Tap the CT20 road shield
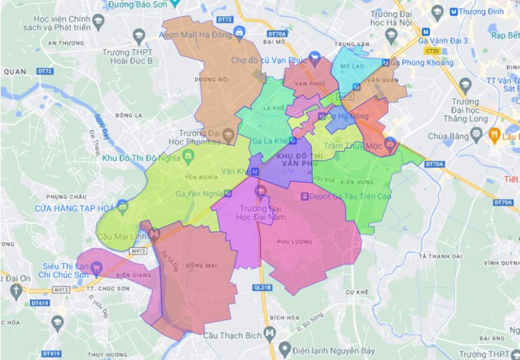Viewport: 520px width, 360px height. click(430, 51)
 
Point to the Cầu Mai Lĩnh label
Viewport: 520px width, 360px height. click(123, 236)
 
